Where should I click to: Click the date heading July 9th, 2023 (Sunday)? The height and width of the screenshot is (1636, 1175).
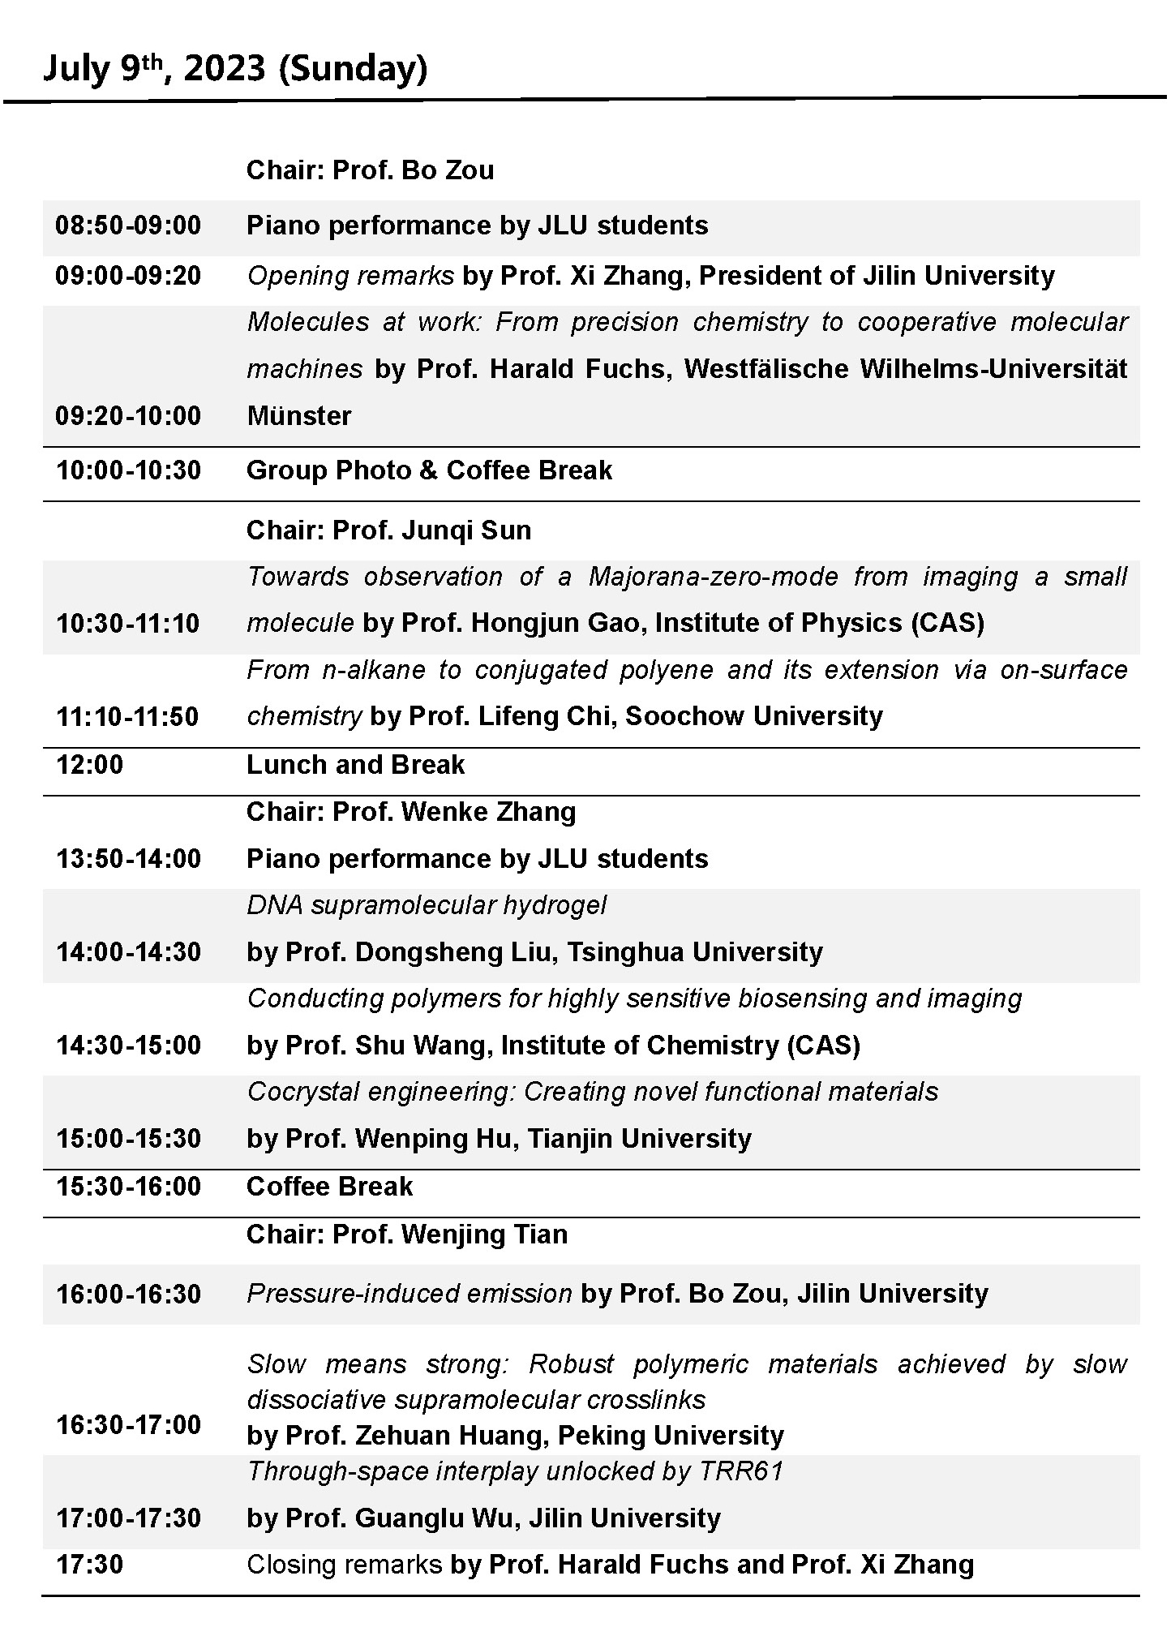click(x=235, y=68)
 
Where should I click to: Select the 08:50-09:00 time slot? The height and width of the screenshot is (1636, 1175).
click(x=128, y=225)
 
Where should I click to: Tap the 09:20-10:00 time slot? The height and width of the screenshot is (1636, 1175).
click(x=128, y=416)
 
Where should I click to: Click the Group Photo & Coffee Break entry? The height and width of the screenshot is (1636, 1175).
click(x=429, y=470)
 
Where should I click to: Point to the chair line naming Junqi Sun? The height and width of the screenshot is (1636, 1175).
click(x=388, y=530)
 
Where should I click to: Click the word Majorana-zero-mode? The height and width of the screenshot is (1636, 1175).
click(x=713, y=577)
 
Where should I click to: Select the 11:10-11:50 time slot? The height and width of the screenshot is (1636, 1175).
click(x=127, y=717)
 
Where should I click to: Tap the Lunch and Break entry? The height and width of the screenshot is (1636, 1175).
click(x=355, y=765)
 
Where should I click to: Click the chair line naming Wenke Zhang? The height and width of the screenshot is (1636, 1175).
click(x=411, y=812)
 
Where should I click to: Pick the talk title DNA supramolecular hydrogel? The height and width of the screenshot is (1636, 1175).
click(x=427, y=905)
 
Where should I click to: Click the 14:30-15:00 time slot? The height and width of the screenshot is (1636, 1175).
click(x=128, y=1046)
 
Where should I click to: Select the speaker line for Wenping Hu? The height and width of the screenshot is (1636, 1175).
click(x=499, y=1139)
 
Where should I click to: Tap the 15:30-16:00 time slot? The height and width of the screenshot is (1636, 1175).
click(x=128, y=1187)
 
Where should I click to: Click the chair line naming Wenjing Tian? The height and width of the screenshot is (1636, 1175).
click(x=407, y=1235)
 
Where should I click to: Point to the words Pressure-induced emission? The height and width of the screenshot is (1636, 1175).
click(x=410, y=1294)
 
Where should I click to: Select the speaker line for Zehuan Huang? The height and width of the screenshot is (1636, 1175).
click(x=515, y=1436)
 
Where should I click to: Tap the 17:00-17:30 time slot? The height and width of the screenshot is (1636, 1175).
click(x=128, y=1518)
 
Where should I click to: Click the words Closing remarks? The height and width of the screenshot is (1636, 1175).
click(x=344, y=1565)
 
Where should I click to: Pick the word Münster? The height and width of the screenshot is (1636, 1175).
click(x=299, y=416)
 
